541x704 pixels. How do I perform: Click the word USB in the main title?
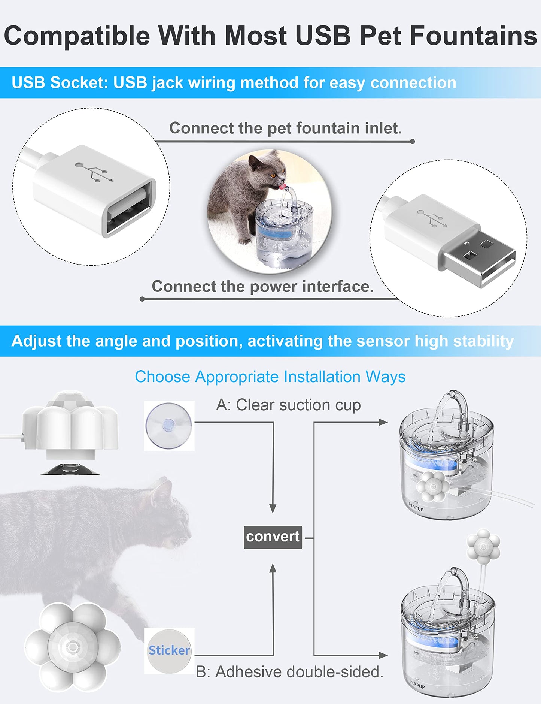[x=323, y=36]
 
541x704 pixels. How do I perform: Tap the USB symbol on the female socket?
[x=94, y=172]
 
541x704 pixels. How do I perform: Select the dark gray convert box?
[x=273, y=537]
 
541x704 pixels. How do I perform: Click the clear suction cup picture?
[x=169, y=426]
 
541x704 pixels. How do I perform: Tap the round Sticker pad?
[x=169, y=651]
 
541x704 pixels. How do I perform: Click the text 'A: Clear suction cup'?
[x=288, y=405]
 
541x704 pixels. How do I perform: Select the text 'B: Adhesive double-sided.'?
[x=289, y=672]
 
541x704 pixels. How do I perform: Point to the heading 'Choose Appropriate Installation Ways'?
[x=270, y=377]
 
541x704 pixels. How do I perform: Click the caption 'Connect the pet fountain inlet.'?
[x=285, y=128]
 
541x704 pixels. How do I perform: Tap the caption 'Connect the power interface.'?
[x=262, y=287]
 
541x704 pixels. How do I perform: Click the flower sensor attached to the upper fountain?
[x=433, y=486]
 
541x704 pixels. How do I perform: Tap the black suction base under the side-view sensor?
[x=70, y=470]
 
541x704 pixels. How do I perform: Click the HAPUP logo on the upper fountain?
[x=416, y=507]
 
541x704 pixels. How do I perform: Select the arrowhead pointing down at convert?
[x=273, y=508]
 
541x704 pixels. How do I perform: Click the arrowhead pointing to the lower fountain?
[x=383, y=655]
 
